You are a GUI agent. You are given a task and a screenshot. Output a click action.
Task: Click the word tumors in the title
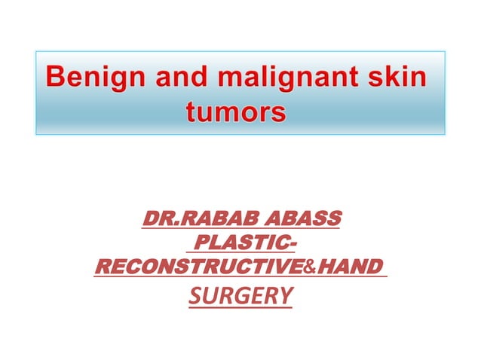(x=235, y=113)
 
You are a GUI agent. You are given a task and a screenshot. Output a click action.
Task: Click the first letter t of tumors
(x=189, y=113)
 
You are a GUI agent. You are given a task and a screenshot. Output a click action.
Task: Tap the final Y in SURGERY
(x=286, y=296)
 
